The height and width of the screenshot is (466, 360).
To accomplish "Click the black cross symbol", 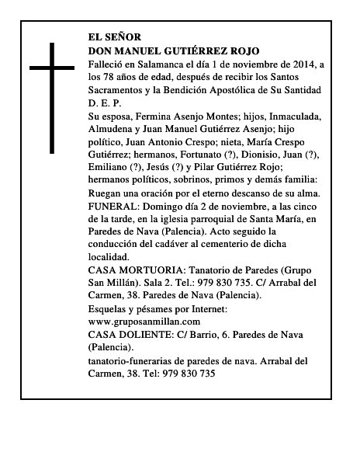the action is (54, 97).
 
